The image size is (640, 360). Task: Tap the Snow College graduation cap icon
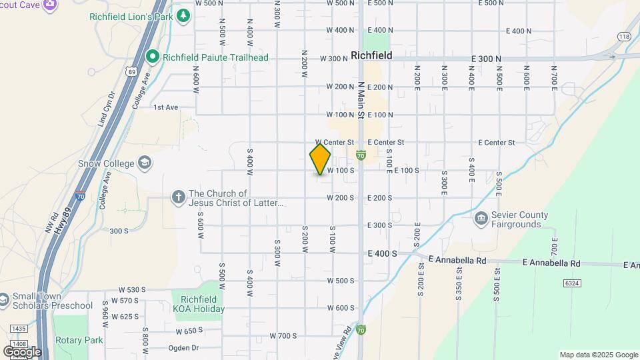click(145, 163)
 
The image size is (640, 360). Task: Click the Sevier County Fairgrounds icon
click(481, 219)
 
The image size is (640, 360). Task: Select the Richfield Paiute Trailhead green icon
click(152, 57)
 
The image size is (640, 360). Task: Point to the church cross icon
click(178, 197)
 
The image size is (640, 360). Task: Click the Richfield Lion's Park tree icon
click(183, 15)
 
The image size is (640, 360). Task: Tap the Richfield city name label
click(371, 55)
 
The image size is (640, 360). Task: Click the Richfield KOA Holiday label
click(198, 305)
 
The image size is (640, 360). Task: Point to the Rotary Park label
click(79, 340)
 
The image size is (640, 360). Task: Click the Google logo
click(22, 351)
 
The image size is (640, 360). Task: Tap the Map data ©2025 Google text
click(598, 355)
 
